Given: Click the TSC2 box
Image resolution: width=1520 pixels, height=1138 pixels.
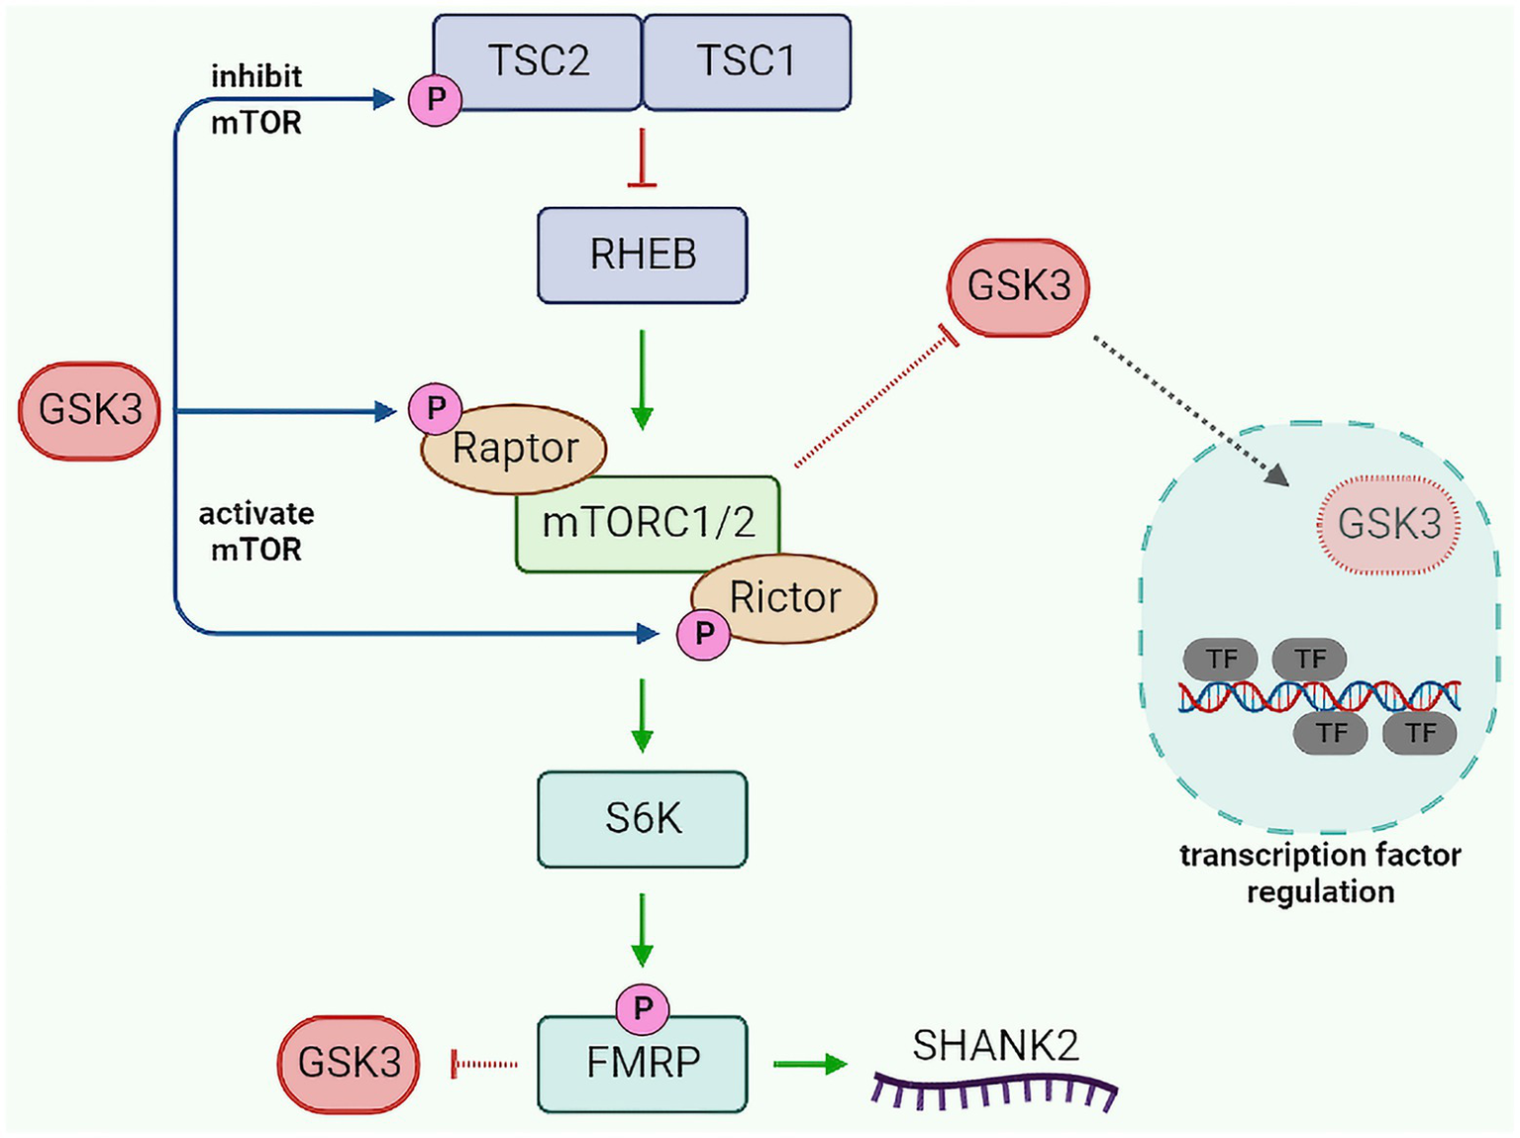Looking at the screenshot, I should (x=538, y=60).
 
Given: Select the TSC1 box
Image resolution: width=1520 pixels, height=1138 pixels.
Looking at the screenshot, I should (x=747, y=60).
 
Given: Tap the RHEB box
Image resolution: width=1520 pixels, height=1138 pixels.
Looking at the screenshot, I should (x=642, y=255).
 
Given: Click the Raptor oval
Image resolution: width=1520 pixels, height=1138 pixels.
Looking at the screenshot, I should (x=514, y=449).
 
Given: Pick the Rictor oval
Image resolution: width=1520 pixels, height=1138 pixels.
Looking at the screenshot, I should (x=784, y=597).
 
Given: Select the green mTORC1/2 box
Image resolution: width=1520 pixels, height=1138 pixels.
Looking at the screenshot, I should (x=648, y=523).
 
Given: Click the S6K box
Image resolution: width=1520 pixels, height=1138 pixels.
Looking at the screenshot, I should (x=642, y=819).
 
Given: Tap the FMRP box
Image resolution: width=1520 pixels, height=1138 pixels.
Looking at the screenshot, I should (x=642, y=1063).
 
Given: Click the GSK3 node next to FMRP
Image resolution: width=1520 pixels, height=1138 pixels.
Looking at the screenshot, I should (x=349, y=1063).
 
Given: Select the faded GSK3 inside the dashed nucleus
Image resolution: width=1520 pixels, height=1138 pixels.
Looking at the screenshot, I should (x=1388, y=524).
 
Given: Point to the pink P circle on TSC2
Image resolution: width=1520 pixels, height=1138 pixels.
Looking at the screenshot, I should (x=435, y=99).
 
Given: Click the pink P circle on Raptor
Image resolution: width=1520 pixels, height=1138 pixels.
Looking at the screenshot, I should (x=435, y=408).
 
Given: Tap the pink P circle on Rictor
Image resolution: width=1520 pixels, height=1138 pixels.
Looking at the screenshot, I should (x=703, y=634).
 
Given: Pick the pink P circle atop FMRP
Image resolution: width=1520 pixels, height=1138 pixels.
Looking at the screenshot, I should (x=643, y=1008).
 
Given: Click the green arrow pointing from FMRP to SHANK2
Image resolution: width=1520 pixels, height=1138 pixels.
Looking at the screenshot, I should (x=809, y=1064).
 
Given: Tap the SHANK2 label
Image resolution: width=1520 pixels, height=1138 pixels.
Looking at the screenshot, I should (x=995, y=1046).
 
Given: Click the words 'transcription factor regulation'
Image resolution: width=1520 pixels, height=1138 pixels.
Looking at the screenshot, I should (x=1319, y=873).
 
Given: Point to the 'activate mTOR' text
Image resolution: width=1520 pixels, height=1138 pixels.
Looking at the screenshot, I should (x=256, y=532).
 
